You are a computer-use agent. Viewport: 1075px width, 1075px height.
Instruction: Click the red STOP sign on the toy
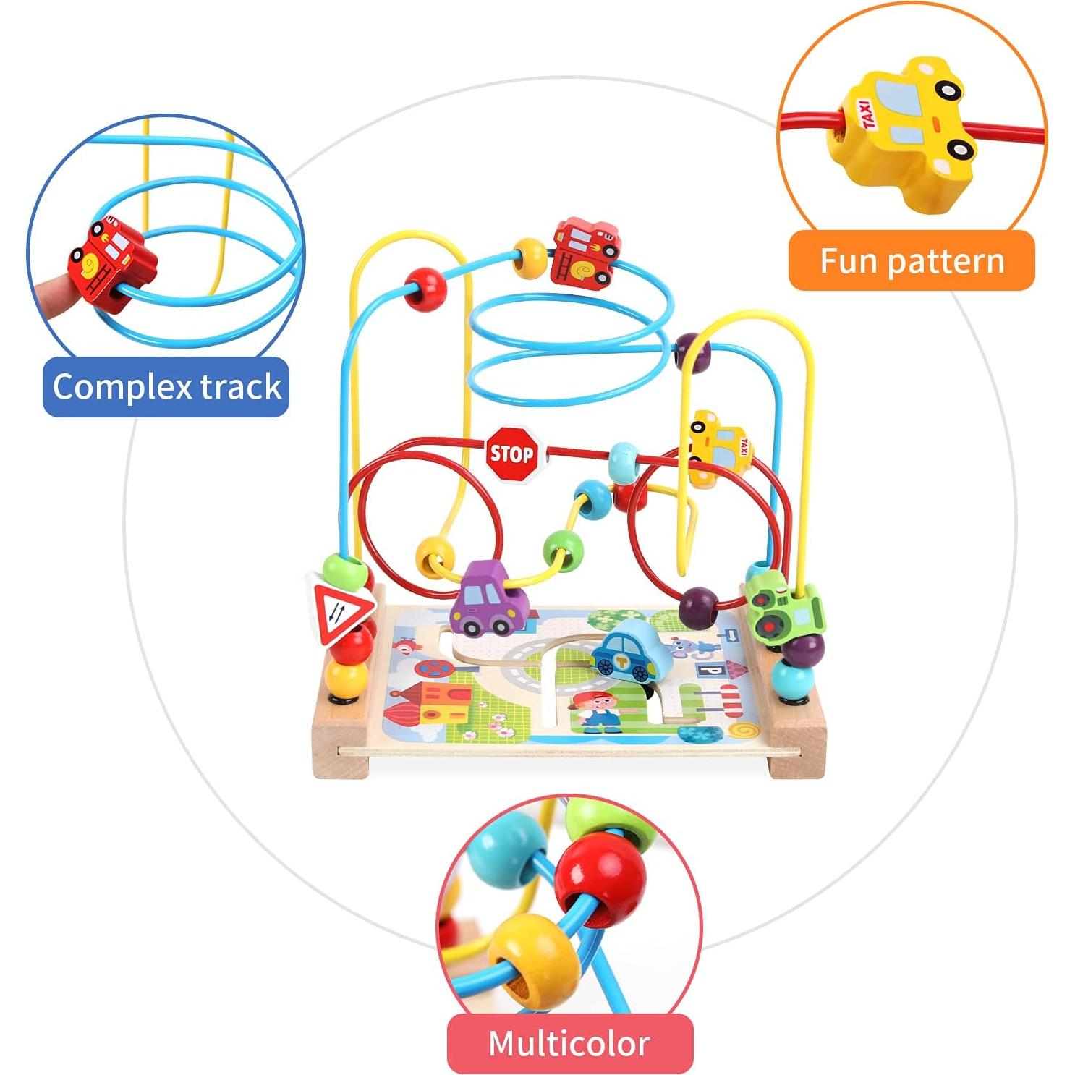point(511,454)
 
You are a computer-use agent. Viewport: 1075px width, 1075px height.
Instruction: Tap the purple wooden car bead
point(483,598)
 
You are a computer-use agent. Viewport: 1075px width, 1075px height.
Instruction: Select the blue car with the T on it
point(623,649)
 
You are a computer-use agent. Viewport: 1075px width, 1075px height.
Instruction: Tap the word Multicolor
point(569,1043)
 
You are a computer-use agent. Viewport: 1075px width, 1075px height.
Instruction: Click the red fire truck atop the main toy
point(585,252)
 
